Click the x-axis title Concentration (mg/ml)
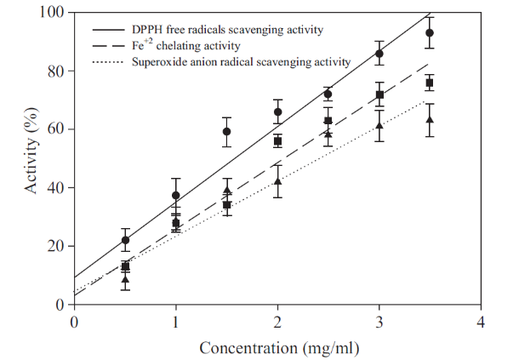[x=277, y=347]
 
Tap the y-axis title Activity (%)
[x=31, y=158]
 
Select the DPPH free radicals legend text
[x=228, y=30]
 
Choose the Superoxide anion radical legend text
[x=242, y=61]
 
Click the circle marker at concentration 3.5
[x=430, y=33]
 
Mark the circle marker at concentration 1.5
[x=227, y=132]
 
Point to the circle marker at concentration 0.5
[x=125, y=240]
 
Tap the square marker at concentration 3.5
[x=430, y=83]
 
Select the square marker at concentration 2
[x=277, y=141]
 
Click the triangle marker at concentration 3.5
[x=430, y=120]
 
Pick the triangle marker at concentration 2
[x=277, y=181]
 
